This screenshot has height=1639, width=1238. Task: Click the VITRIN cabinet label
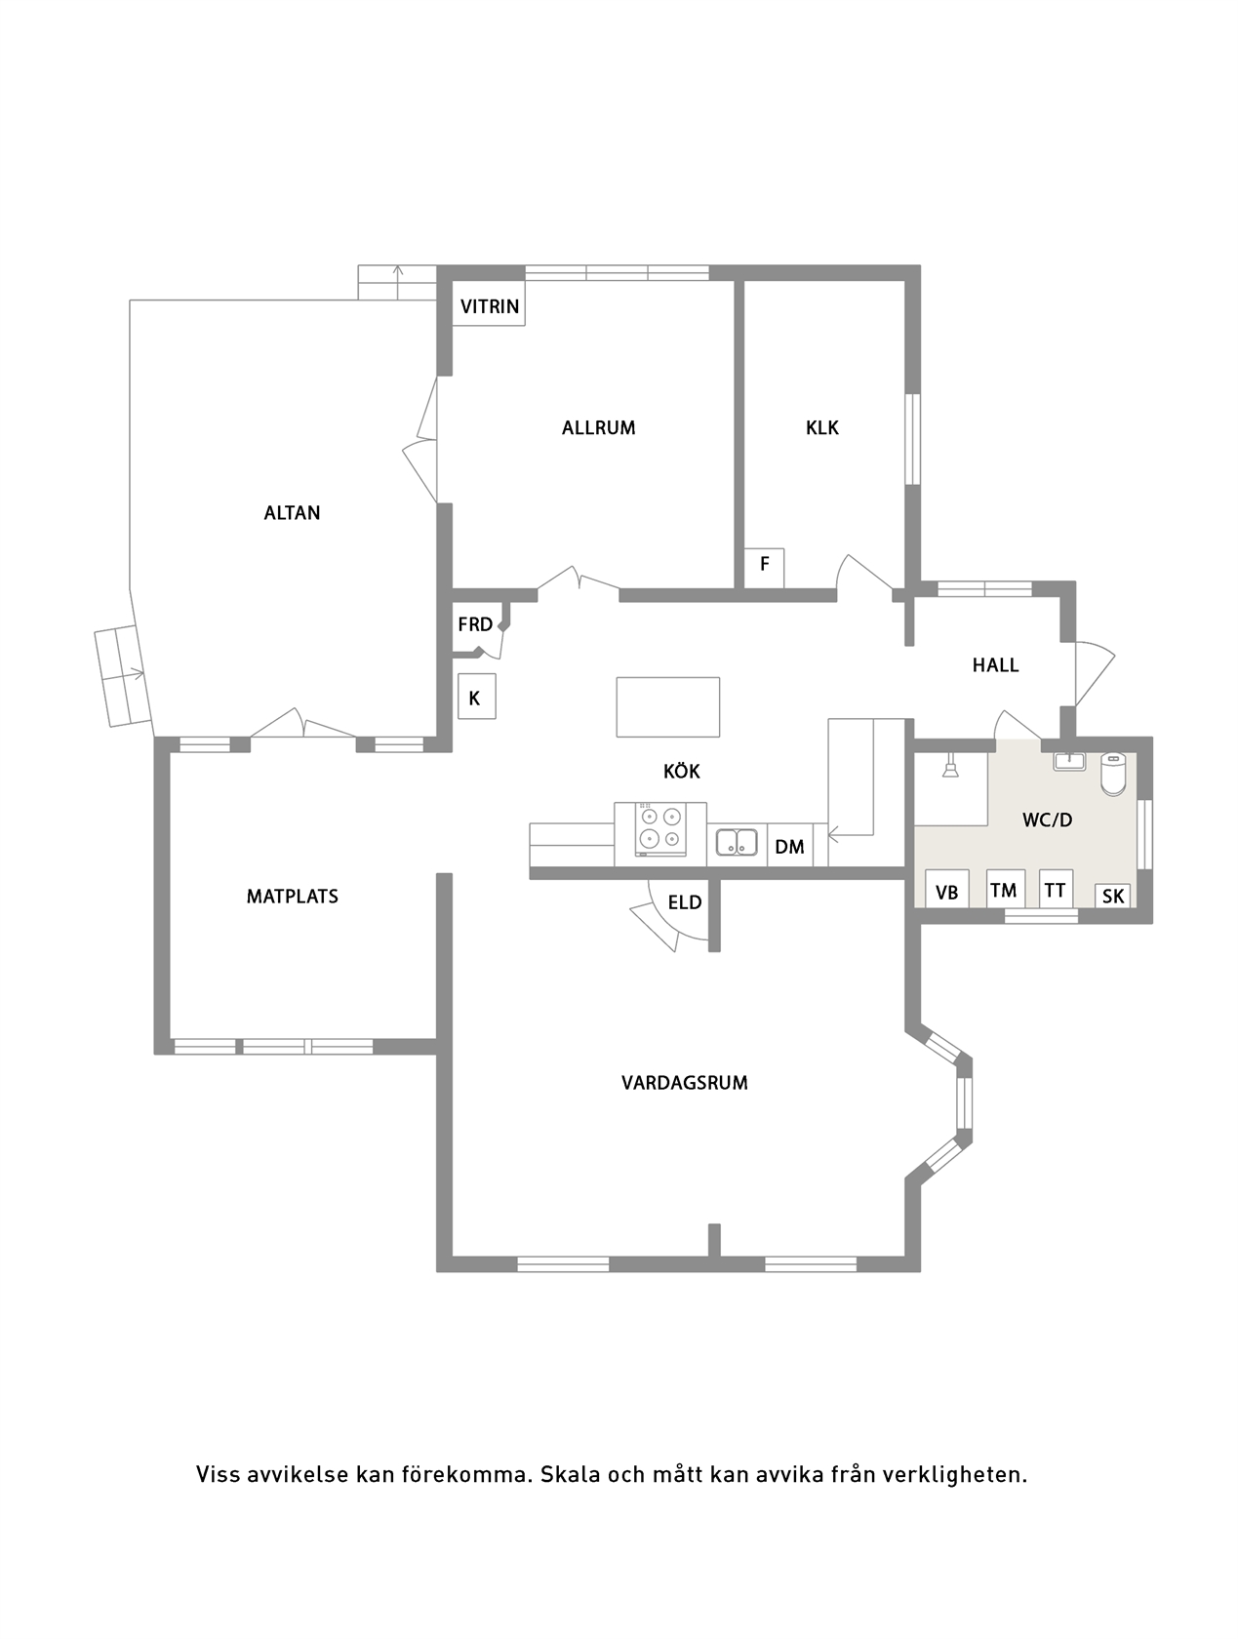pyautogui.click(x=489, y=306)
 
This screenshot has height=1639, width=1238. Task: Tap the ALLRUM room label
pyautogui.click(x=598, y=428)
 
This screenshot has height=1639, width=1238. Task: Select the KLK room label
pyautogui.click(x=822, y=428)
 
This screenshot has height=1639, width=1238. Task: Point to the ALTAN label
pyautogui.click(x=292, y=513)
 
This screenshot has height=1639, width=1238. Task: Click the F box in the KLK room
pyautogui.click(x=764, y=568)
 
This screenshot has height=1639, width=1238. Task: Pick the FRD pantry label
pyautogui.click(x=475, y=624)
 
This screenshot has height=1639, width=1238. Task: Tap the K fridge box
pyautogui.click(x=476, y=697)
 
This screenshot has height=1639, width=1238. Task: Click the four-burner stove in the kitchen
pyautogui.click(x=660, y=829)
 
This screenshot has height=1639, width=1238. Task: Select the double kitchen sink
pyautogui.click(x=737, y=842)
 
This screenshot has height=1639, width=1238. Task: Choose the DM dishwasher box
pyautogui.click(x=789, y=845)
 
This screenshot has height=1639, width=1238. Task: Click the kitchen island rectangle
pyautogui.click(x=667, y=707)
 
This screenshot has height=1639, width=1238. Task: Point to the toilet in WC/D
pyautogui.click(x=1112, y=775)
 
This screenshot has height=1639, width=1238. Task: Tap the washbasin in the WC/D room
pyautogui.click(x=1069, y=762)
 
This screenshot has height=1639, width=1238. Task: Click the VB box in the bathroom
pyautogui.click(x=947, y=890)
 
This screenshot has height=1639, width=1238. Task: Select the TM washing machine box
pyautogui.click(x=1005, y=889)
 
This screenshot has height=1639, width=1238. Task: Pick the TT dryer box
pyautogui.click(x=1056, y=889)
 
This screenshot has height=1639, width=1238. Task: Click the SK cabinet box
pyautogui.click(x=1112, y=896)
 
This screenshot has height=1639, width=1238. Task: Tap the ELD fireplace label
pyautogui.click(x=685, y=902)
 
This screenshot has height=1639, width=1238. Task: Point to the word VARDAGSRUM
pyautogui.click(x=685, y=1083)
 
